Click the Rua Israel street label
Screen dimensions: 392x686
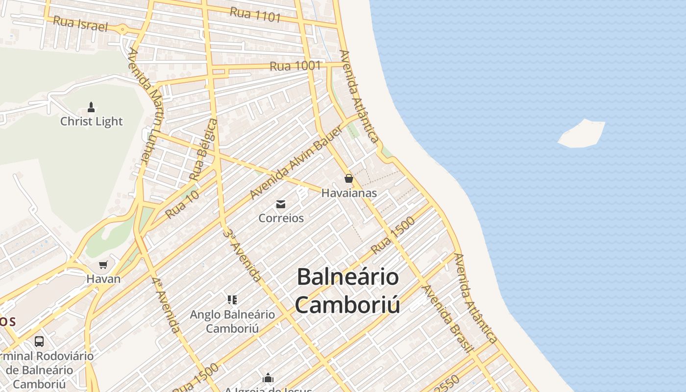(80, 24)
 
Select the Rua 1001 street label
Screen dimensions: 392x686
(295, 66)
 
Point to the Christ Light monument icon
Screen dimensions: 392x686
(91, 107)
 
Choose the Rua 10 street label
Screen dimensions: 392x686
(182, 204)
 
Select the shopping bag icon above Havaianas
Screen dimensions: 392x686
(349, 178)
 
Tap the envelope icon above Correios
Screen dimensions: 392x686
(281, 204)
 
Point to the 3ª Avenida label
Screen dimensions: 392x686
(242, 255)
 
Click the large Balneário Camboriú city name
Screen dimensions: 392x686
(347, 291)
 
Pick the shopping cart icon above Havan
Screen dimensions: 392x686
(103, 265)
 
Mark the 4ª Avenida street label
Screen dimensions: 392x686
(166, 305)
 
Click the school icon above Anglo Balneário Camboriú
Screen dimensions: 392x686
(232, 299)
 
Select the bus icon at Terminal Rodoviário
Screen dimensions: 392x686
(39, 342)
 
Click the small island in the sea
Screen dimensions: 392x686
(582, 133)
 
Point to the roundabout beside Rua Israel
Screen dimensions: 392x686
(122, 29)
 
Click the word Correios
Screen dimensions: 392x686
(281, 218)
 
